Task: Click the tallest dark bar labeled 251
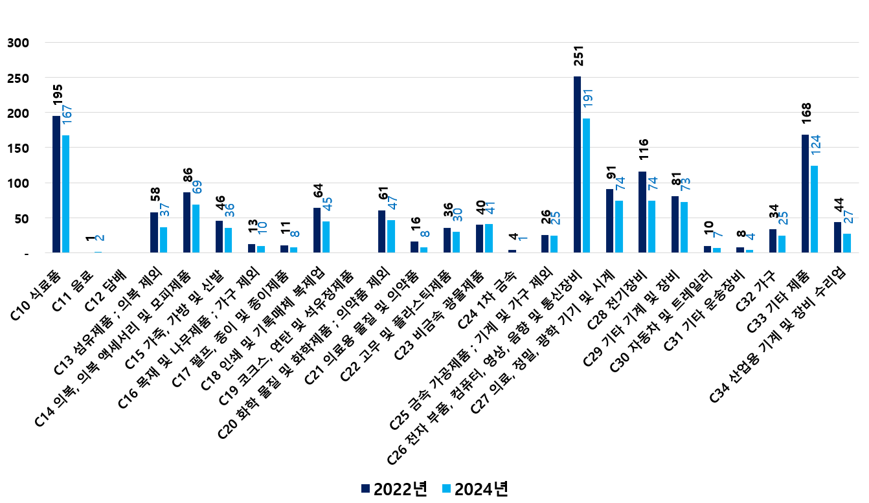point(578,164)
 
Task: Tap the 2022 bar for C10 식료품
point(56,184)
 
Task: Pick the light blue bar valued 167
point(65,194)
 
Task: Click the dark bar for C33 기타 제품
point(805,194)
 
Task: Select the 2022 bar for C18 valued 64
point(317,230)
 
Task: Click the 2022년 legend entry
point(394,489)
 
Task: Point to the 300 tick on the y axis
point(18,43)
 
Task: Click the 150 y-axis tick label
point(18,148)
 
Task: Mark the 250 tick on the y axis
point(18,78)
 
